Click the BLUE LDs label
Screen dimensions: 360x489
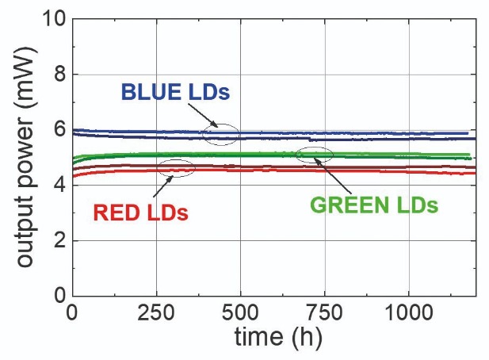(x=175, y=92)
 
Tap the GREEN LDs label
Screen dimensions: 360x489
(x=373, y=205)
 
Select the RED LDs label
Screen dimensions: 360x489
(x=140, y=213)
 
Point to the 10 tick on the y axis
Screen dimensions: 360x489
(x=54, y=18)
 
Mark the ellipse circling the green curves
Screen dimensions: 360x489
(x=315, y=155)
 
